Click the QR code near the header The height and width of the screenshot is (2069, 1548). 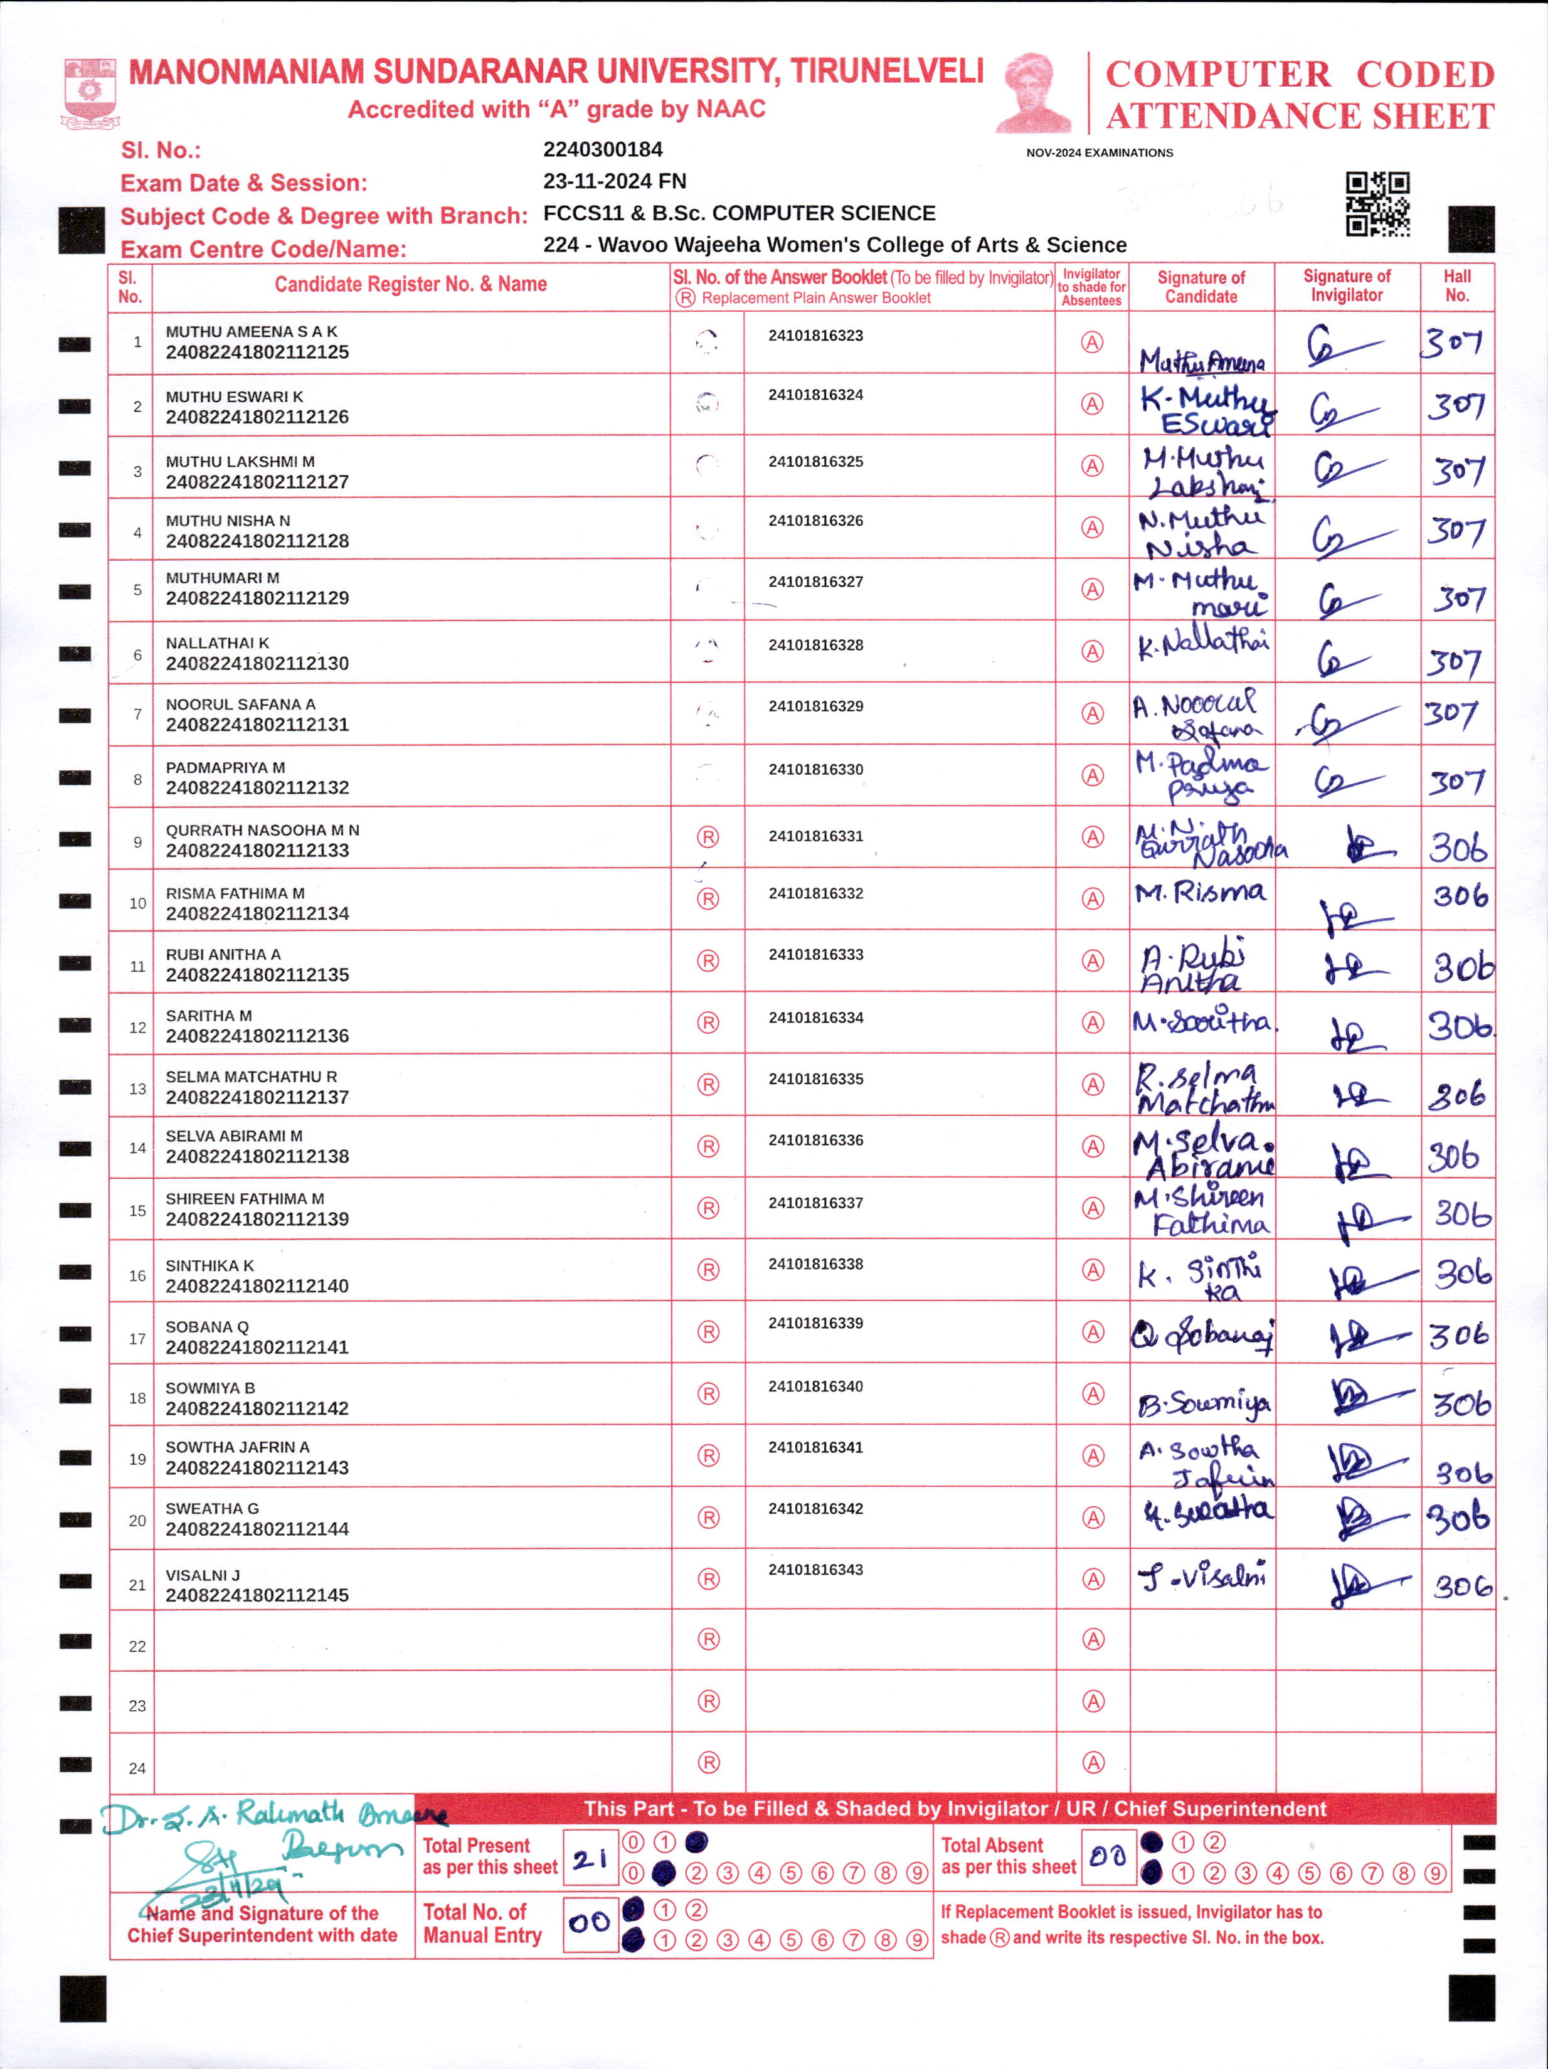point(1377,203)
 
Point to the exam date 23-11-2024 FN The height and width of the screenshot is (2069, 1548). point(615,181)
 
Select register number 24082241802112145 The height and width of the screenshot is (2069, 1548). point(257,1595)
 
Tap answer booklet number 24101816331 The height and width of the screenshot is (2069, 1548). point(815,836)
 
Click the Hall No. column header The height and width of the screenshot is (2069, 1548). point(1456,285)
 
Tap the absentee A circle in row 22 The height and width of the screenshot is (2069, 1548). point(1093,1639)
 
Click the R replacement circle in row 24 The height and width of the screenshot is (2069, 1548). point(708,1763)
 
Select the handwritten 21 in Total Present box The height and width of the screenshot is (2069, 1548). point(590,1859)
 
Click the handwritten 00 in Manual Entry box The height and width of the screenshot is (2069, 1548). point(589,1923)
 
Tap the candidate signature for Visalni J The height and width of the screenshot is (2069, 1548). point(1203,1577)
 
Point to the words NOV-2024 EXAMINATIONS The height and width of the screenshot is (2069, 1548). point(1099,152)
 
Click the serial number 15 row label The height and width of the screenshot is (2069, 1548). point(137,1210)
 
